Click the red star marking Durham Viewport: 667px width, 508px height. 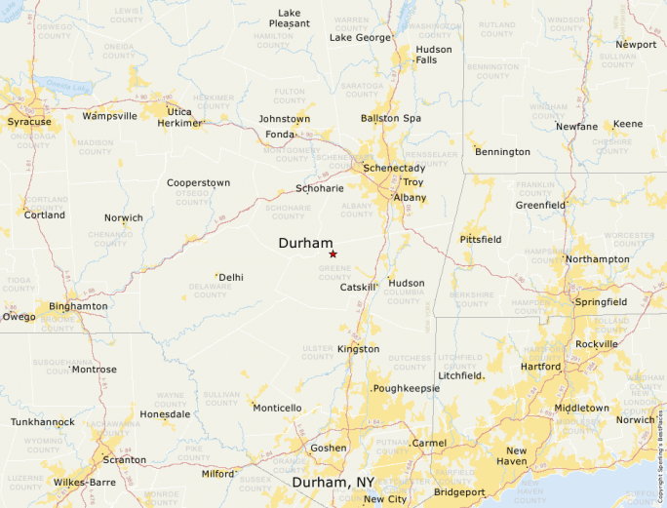333,254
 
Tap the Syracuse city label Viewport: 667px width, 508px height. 30,122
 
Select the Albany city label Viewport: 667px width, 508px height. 410,197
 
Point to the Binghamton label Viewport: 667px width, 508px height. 78,306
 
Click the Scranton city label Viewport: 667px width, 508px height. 124,459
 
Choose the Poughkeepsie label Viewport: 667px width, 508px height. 407,388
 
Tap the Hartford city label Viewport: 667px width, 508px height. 541,367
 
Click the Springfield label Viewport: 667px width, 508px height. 601,302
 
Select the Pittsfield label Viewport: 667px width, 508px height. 481,239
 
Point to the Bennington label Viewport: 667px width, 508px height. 502,152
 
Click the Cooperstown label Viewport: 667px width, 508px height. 198,182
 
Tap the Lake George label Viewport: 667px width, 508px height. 359,37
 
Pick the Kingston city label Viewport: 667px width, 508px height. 358,349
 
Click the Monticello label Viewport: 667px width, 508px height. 277,408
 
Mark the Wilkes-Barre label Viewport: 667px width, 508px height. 84,482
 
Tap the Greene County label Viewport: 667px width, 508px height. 334,272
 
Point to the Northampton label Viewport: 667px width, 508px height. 598,258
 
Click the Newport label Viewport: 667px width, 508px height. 636,44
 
